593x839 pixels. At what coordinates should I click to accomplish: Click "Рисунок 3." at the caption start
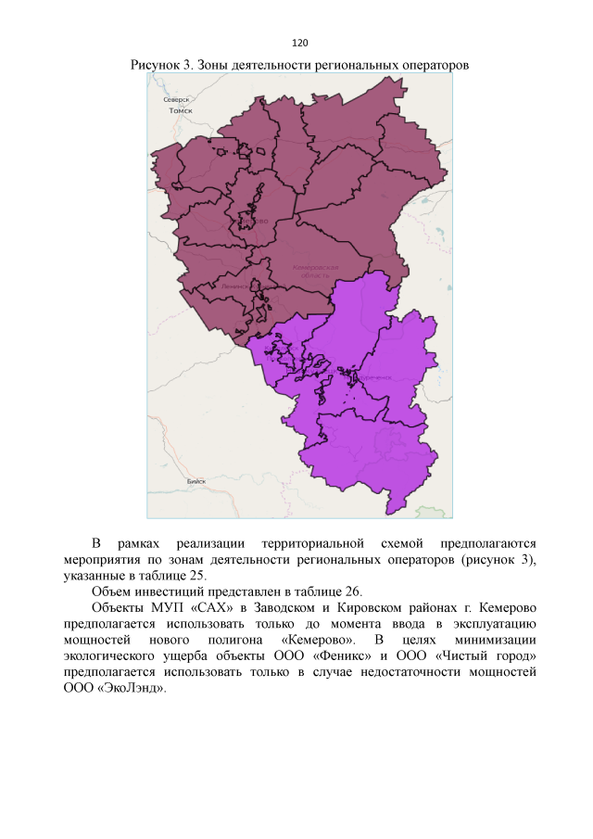point(160,66)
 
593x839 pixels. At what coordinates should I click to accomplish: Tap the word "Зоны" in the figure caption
point(212,66)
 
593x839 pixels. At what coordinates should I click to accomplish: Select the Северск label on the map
point(176,99)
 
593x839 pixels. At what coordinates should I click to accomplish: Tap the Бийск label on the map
point(196,482)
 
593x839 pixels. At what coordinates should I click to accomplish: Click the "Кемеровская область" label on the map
point(309,270)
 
